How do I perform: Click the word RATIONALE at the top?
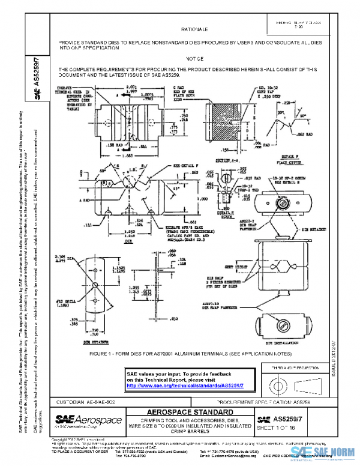tap(194, 29)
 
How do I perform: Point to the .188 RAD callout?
tap(107, 145)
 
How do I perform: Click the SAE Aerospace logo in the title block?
tap(88, 420)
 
